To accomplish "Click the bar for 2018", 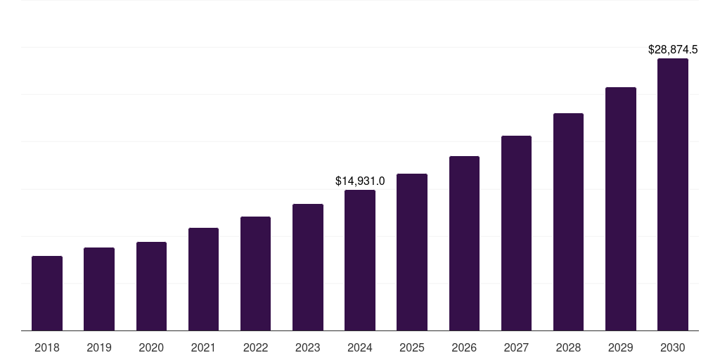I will [47, 293].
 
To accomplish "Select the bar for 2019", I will [99, 289].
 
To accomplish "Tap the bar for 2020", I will [151, 286].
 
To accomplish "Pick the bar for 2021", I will [203, 279].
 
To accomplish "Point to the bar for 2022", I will [255, 274].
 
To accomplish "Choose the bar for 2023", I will [308, 267].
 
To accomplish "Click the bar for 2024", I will [360, 260].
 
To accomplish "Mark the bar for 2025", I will [412, 252].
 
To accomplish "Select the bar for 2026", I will [464, 243].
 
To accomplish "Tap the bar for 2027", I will [516, 233].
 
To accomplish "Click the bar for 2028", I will [568, 221].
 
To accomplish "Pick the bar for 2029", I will [621, 209].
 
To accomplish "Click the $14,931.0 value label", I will [360, 181].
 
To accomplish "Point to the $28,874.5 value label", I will [672, 50].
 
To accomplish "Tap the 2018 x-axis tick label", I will [47, 347].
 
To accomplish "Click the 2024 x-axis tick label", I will [360, 347].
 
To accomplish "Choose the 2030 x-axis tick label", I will [673, 347].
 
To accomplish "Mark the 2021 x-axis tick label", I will [203, 347].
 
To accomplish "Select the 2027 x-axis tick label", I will [516, 347].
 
